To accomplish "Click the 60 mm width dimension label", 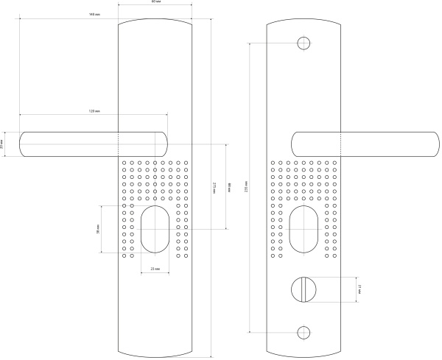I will (154, 4).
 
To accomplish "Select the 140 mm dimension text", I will (94, 15).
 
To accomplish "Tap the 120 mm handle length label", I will (94, 110).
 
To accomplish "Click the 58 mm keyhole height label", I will (98, 230).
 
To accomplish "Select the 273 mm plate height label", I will (214, 188).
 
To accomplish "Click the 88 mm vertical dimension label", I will (229, 188).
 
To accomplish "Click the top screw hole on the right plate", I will (303, 43).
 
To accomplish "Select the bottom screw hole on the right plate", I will (303, 332).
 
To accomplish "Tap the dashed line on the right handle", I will (340, 144).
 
